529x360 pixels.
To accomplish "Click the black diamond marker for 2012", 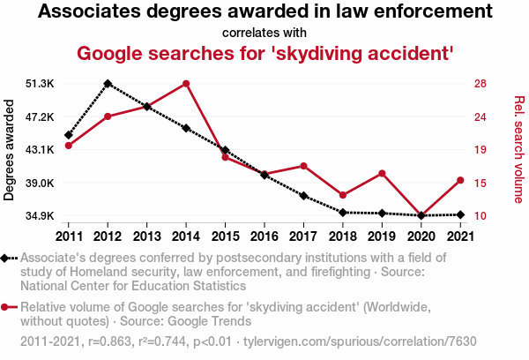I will pos(108,84).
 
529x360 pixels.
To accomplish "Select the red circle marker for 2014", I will pos(186,84).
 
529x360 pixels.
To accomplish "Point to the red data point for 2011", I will pos(69,146).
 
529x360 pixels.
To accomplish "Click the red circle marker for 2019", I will pos(382,173).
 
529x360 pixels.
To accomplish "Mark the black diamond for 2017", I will pos(303,196).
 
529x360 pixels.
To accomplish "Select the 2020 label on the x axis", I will pos(421,236).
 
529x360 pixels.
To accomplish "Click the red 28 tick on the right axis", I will pos(480,84).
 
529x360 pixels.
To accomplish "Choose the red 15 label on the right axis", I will pos(480,183).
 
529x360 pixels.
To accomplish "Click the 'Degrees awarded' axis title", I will pos(10,150).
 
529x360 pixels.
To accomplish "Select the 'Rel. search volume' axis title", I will pos(519,150).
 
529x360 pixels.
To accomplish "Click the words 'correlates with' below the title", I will pos(264,34).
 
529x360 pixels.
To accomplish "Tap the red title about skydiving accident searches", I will pos(264,53).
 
